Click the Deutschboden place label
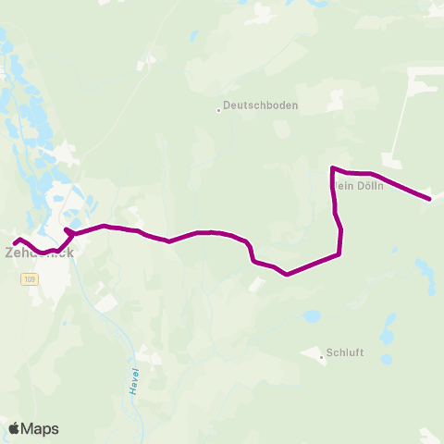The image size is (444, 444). [262, 105]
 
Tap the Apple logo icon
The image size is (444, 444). [14, 428]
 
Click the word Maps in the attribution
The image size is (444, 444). [40, 428]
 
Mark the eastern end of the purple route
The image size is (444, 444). [429, 198]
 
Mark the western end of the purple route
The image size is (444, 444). [15, 243]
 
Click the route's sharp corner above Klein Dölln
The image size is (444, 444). [332, 168]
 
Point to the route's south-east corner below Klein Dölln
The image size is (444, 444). [340, 253]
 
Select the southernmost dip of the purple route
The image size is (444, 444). [288, 274]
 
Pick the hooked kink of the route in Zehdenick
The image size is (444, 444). [67, 230]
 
